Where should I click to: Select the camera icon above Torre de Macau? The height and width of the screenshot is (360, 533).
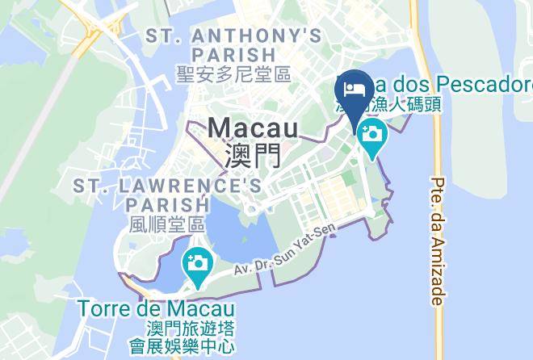point(196,263)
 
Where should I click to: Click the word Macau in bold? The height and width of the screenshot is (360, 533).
point(253,128)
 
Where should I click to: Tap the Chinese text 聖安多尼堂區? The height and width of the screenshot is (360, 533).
point(233,74)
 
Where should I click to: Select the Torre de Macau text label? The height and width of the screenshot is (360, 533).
point(157,309)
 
